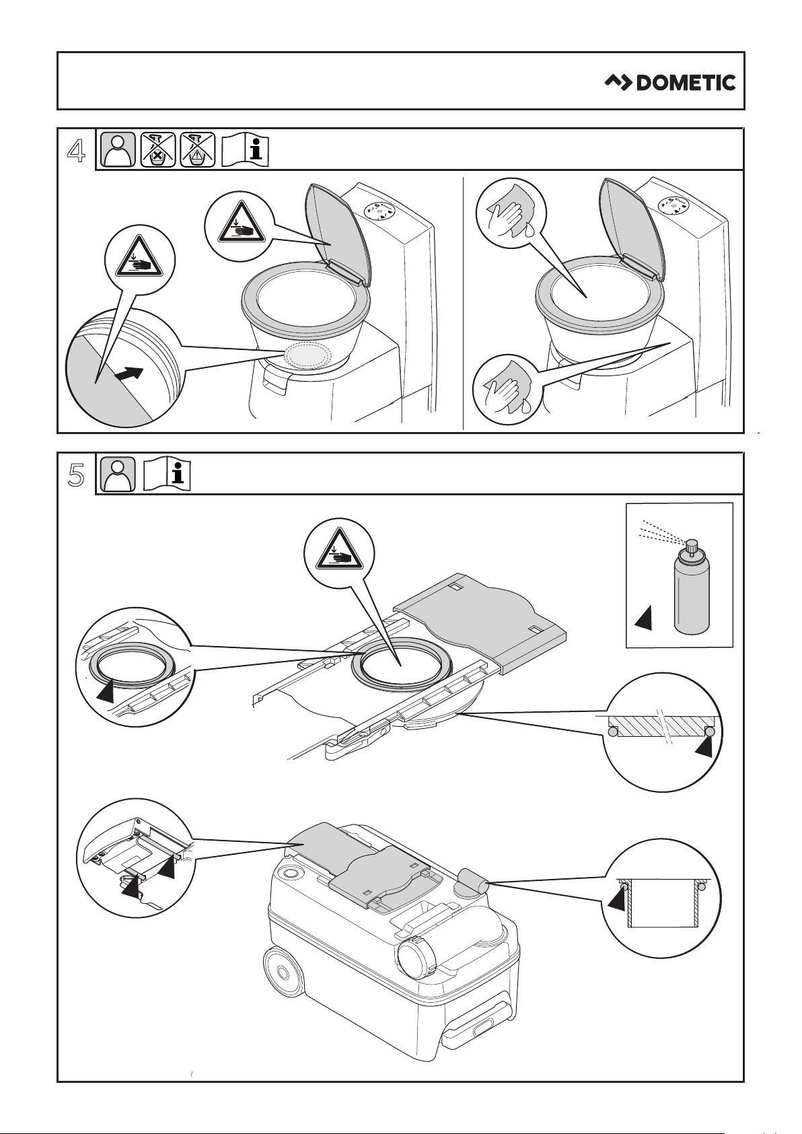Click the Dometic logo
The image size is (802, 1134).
click(x=670, y=83)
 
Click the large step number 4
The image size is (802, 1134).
click(x=77, y=150)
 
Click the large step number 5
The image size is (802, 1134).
click(x=77, y=475)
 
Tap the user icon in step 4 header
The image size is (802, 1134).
click(x=118, y=149)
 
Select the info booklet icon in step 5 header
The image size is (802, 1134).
click(x=166, y=474)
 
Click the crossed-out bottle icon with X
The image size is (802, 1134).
click(x=158, y=149)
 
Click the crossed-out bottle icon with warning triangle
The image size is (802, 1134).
click(x=197, y=149)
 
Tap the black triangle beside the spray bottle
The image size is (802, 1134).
click(x=645, y=618)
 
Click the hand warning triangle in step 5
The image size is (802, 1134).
click(x=339, y=553)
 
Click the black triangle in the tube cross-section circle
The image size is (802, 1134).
click(x=618, y=898)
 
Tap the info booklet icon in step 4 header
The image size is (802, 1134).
click(x=245, y=149)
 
